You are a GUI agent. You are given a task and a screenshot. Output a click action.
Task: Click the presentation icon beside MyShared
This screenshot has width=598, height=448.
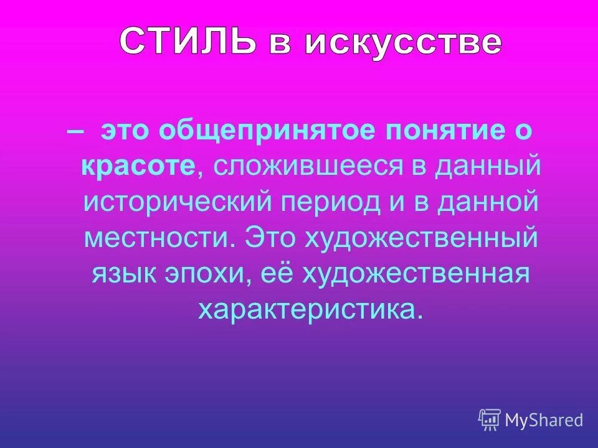(490, 420)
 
